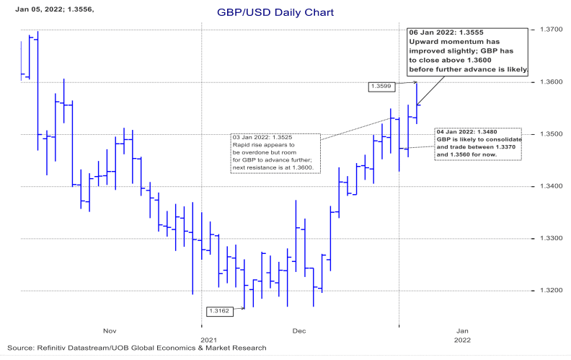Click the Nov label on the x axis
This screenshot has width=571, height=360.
(x=110, y=330)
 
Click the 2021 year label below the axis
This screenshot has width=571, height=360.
(x=208, y=339)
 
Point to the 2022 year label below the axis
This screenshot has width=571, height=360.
(x=462, y=339)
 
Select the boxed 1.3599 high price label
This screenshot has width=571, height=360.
(x=380, y=87)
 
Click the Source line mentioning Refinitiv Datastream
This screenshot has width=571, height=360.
(x=137, y=348)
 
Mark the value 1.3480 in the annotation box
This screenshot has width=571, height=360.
(x=492, y=132)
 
